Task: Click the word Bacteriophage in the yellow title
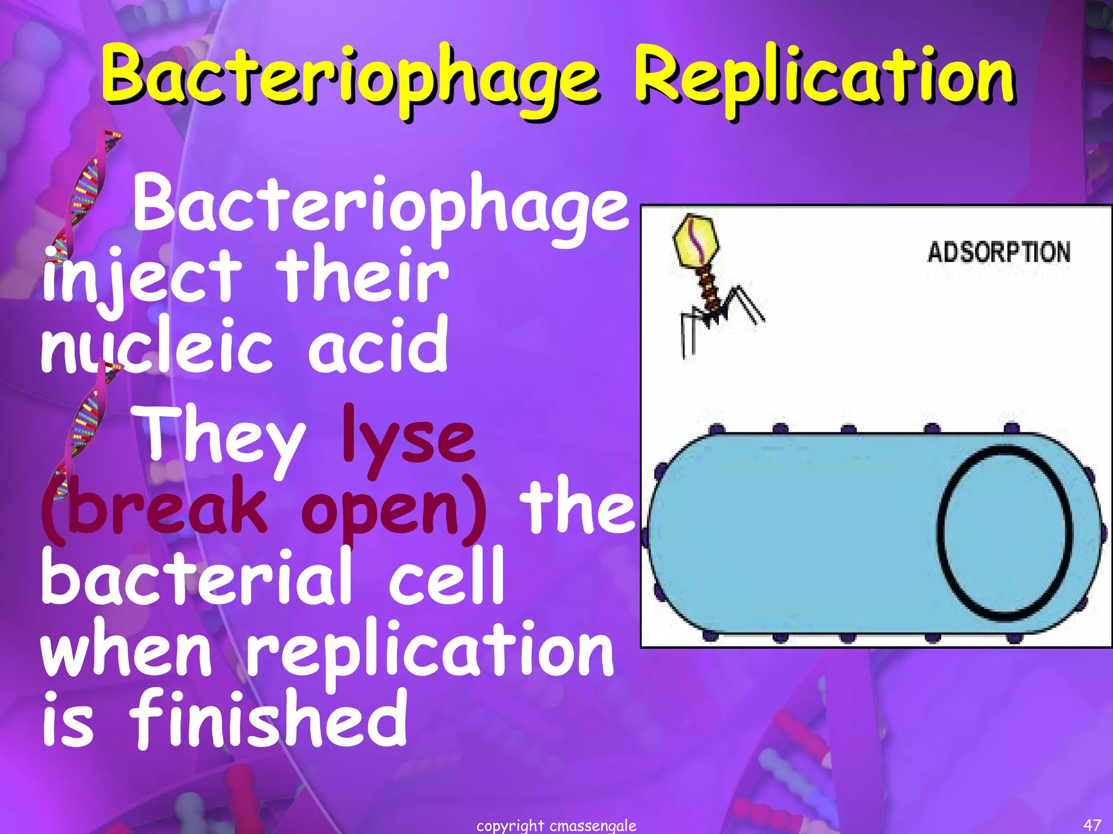coord(351,79)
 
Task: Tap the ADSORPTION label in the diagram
coord(999,252)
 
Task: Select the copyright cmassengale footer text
coord(556,826)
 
